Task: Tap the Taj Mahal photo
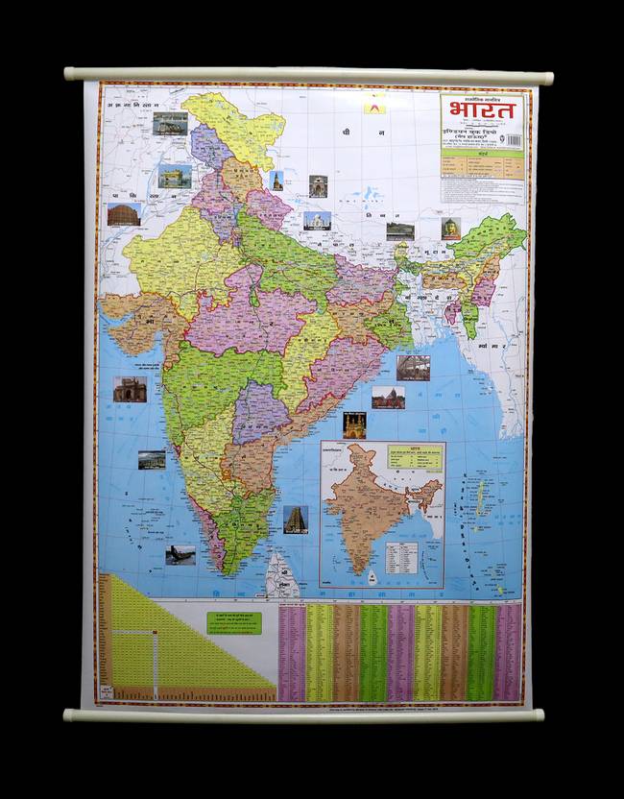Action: (317, 220)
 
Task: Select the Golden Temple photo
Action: (174, 176)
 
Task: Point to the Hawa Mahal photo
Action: (123, 214)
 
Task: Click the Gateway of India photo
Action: (130, 389)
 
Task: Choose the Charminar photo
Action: (354, 424)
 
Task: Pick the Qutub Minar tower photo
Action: (276, 180)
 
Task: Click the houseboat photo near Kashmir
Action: (170, 123)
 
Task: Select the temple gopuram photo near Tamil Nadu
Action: (295, 520)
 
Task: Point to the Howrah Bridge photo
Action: (413, 368)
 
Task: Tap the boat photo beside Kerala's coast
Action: (180, 555)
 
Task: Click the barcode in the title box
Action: (513, 140)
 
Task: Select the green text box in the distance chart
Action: (233, 622)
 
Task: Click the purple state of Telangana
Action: (260, 411)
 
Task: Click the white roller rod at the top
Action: (307, 75)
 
